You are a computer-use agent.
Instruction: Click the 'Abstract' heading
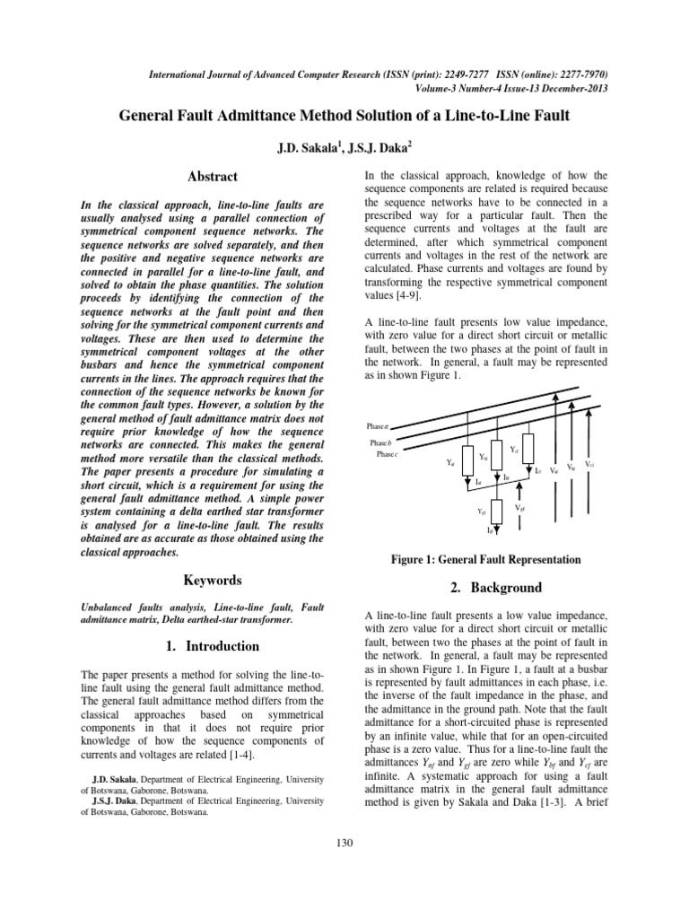213,177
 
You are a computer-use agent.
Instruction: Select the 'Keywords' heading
213,581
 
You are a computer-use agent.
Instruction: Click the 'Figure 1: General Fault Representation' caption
486,559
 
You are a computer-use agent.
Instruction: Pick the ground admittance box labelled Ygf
497,511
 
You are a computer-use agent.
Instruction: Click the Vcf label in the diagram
589,464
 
